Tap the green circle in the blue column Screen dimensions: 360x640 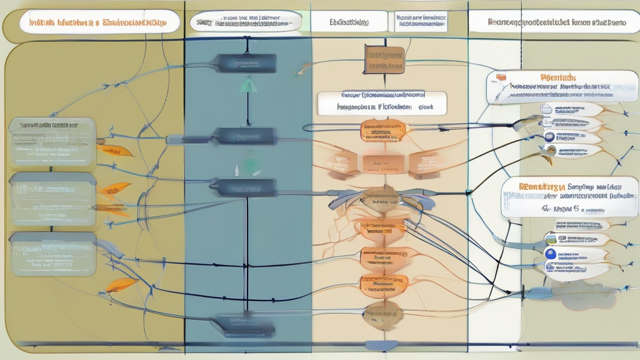[252, 165]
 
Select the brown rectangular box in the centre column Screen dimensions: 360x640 [384, 59]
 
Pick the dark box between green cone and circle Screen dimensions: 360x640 [245, 136]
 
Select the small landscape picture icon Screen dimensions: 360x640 [551, 238]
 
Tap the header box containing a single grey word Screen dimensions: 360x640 [348, 22]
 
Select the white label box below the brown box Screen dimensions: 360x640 [382, 102]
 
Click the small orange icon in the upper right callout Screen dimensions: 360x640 [501, 77]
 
